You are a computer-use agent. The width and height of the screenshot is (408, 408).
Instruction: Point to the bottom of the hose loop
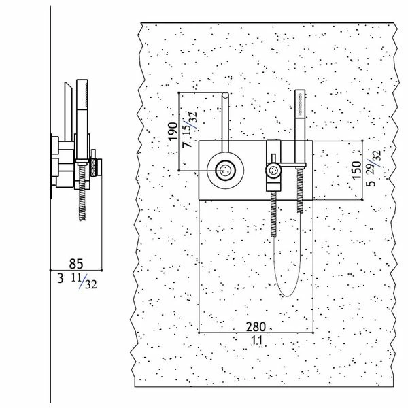(x=285, y=294)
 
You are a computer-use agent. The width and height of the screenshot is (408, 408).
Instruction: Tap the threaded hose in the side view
(x=83, y=197)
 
